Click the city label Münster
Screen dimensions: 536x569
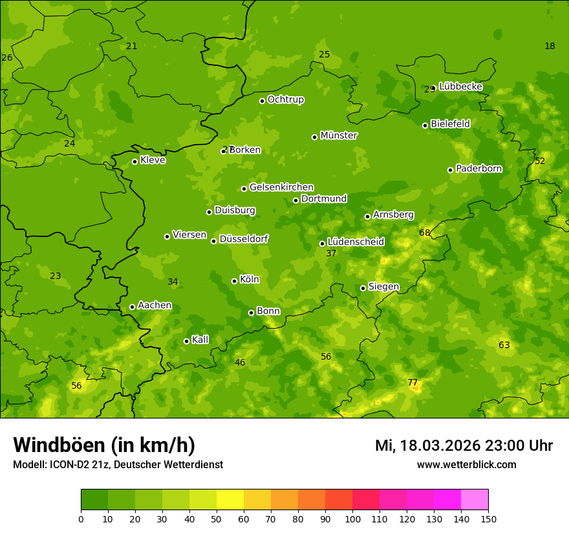pyautogui.click(x=339, y=136)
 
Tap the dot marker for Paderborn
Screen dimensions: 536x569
pyautogui.click(x=451, y=170)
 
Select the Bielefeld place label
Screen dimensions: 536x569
pyautogui.click(x=450, y=123)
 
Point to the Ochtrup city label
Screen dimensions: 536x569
pyautogui.click(x=286, y=99)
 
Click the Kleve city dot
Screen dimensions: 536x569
pyautogui.click(x=134, y=161)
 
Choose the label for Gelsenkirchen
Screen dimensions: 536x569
pyautogui.click(x=281, y=187)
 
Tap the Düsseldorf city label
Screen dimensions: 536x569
pyautogui.click(x=244, y=239)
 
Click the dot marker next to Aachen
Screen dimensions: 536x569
pyautogui.click(x=132, y=307)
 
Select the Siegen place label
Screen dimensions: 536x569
pyautogui.click(x=383, y=287)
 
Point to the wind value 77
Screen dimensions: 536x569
pyautogui.click(x=413, y=382)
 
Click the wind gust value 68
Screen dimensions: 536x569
pyautogui.click(x=425, y=232)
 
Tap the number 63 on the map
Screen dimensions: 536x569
pyautogui.click(x=504, y=345)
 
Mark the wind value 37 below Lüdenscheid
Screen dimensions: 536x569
pyautogui.click(x=331, y=254)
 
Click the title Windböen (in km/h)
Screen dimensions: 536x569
pyautogui.click(x=104, y=445)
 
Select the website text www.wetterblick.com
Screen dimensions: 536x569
pyautogui.click(x=466, y=464)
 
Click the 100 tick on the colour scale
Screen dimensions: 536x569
pyautogui.click(x=352, y=519)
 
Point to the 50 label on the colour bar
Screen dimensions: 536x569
pyautogui.click(x=217, y=519)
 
